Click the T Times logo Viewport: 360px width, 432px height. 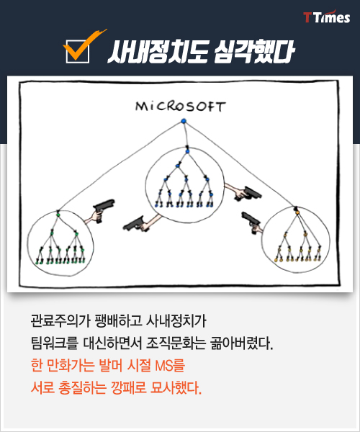coord(327,17)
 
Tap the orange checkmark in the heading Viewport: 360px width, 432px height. coord(83,45)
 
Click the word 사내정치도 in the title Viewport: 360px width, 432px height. coord(158,52)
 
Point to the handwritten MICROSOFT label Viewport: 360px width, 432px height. coord(181,107)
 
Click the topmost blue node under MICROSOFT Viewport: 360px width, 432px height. coord(184,121)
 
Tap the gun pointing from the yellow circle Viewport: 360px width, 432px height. coord(251,221)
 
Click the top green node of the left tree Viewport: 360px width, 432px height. coord(58,214)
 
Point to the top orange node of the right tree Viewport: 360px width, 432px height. coord(297,212)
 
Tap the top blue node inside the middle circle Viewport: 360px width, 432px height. coord(187,151)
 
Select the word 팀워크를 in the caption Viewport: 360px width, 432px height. coord(55,343)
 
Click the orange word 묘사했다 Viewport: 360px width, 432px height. coord(176,388)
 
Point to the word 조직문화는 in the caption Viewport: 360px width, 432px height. coord(176,343)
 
